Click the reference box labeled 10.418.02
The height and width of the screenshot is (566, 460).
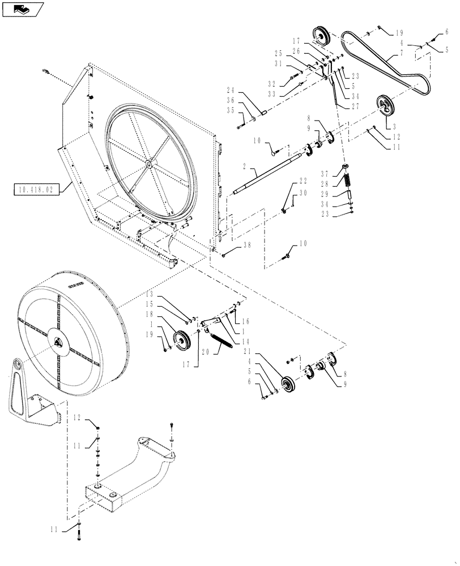(35, 189)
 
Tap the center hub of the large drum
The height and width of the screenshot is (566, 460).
(59, 342)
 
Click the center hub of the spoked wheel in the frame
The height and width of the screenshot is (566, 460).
(148, 164)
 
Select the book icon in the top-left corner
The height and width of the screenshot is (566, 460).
(23, 8)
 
